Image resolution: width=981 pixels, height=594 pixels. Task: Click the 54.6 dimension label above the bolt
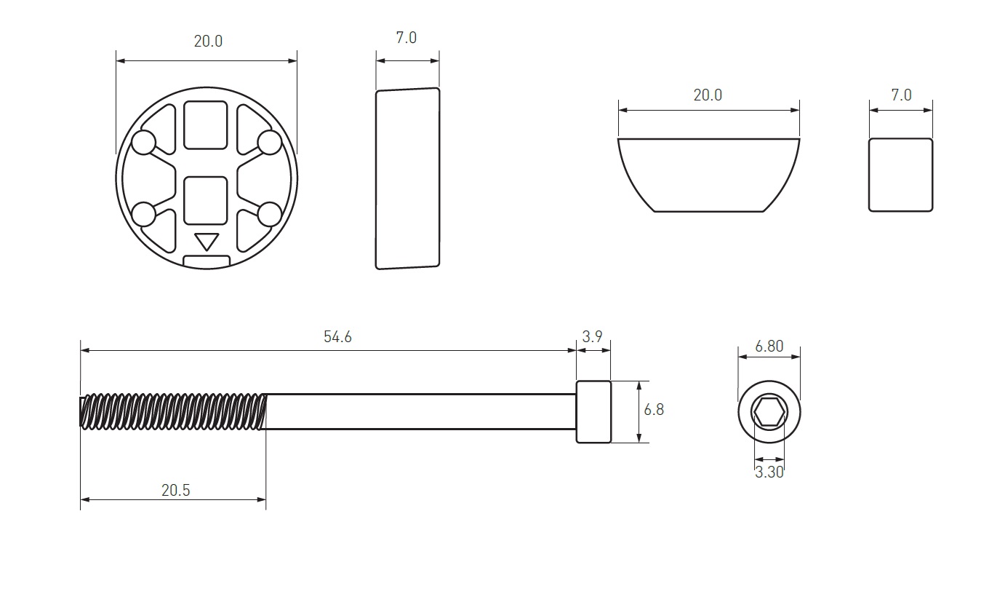click(x=337, y=337)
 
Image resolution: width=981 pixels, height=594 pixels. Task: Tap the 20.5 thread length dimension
click(x=175, y=490)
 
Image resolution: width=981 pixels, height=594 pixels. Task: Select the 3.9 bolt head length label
click(x=592, y=337)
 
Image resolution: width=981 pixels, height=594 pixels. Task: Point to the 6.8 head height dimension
click(x=654, y=409)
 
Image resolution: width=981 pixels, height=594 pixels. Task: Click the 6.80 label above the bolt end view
click(x=769, y=346)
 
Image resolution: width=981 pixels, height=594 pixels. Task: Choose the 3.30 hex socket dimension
click(x=769, y=472)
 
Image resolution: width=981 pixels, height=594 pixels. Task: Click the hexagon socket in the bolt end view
click(x=769, y=412)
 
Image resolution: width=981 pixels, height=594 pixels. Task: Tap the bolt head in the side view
click(x=593, y=411)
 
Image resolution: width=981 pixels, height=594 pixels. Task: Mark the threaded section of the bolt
click(x=173, y=411)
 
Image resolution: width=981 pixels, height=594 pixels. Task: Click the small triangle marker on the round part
click(x=207, y=241)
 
